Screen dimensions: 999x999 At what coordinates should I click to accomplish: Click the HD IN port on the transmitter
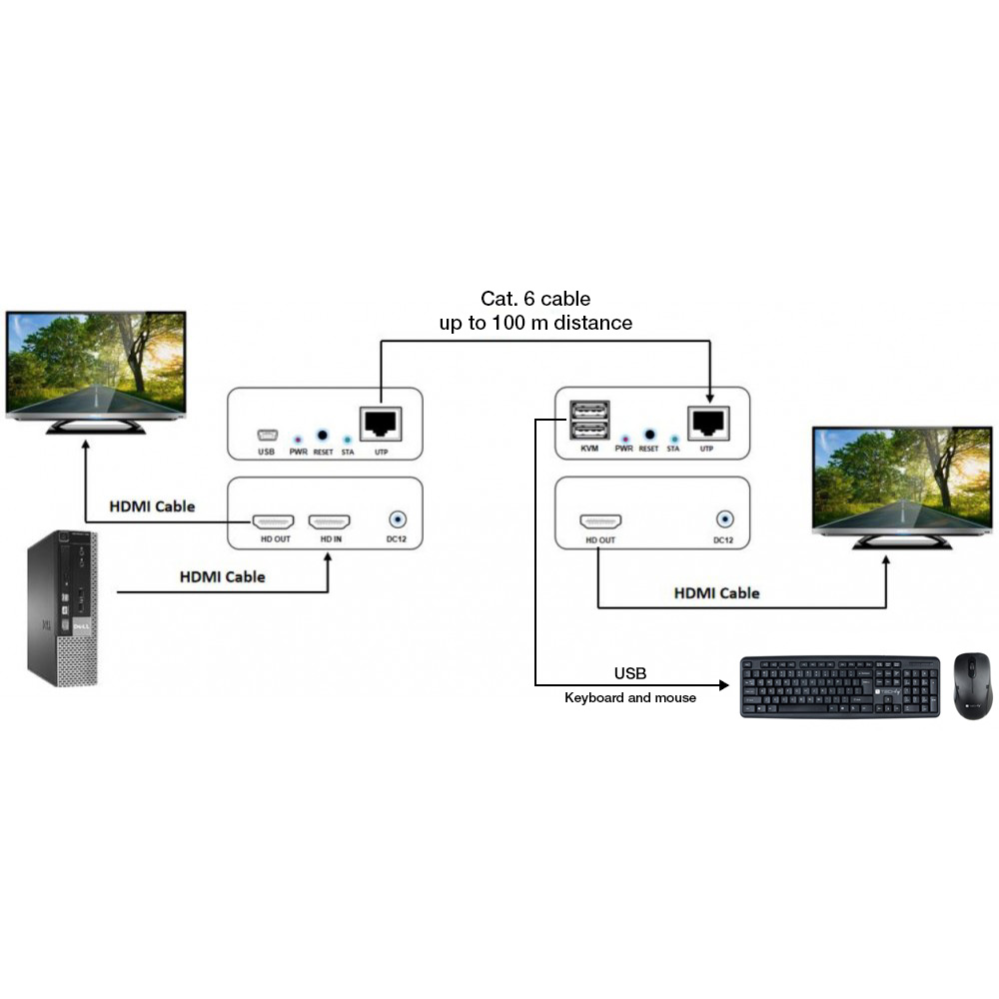click(329, 521)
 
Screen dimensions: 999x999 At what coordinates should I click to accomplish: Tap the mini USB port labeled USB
click(266, 435)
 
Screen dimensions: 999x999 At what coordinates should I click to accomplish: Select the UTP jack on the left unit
click(381, 424)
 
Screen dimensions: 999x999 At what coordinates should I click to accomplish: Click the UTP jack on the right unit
click(707, 423)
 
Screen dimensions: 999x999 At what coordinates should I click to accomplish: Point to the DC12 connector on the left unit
click(398, 520)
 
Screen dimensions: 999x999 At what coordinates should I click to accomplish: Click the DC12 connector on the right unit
click(724, 519)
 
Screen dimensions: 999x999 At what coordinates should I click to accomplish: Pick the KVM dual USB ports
click(588, 420)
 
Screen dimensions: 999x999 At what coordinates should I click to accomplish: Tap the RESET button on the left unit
click(322, 436)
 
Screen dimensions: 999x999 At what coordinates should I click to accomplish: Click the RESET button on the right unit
click(648, 435)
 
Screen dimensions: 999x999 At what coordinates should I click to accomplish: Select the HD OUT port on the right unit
click(600, 521)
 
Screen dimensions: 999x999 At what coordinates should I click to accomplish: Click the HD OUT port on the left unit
click(272, 521)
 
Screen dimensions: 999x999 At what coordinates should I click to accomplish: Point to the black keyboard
click(839, 686)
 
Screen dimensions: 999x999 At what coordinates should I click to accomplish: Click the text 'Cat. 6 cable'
click(535, 299)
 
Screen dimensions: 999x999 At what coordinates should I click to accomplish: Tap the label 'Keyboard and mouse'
click(630, 698)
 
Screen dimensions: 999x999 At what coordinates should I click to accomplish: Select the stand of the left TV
click(97, 427)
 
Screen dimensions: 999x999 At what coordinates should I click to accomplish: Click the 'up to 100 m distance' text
click(535, 324)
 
